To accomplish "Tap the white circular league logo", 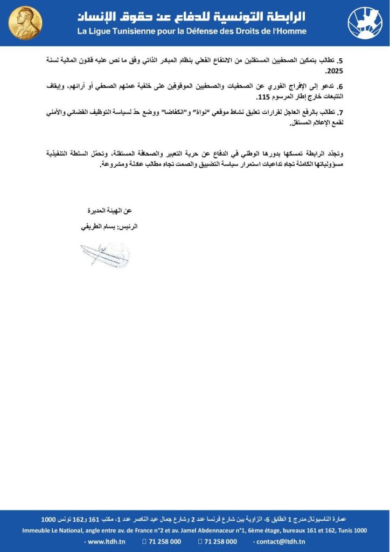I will click(x=365, y=23).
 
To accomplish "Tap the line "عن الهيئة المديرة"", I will click(x=113, y=210).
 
